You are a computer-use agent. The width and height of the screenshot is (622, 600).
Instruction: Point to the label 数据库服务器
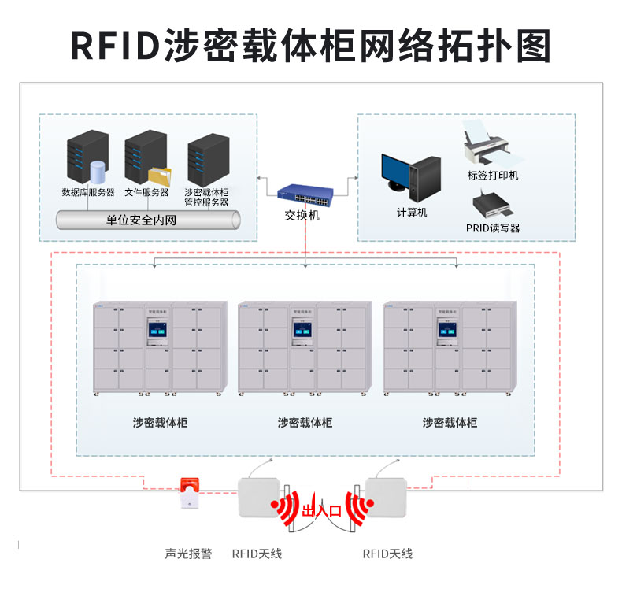(x=88, y=192)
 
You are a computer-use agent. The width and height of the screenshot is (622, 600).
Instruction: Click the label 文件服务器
(x=146, y=192)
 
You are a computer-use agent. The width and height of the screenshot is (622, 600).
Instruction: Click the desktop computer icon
(x=411, y=175)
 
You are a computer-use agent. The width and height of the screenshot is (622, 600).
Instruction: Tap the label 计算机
(x=412, y=213)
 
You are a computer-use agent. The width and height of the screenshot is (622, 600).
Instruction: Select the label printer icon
(x=485, y=143)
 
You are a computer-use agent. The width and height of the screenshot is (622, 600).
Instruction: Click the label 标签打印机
(x=493, y=175)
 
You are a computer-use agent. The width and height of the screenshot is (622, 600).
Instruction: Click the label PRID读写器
(x=493, y=228)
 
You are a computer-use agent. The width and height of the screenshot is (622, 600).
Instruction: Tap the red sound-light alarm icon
(x=188, y=493)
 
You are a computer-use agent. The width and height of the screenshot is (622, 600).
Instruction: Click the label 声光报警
(x=188, y=554)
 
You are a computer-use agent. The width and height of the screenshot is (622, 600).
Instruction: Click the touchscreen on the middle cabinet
(x=302, y=332)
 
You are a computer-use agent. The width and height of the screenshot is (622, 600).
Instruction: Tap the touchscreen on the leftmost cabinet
(x=157, y=332)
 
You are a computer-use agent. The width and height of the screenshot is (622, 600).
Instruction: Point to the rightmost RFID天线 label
(x=387, y=554)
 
